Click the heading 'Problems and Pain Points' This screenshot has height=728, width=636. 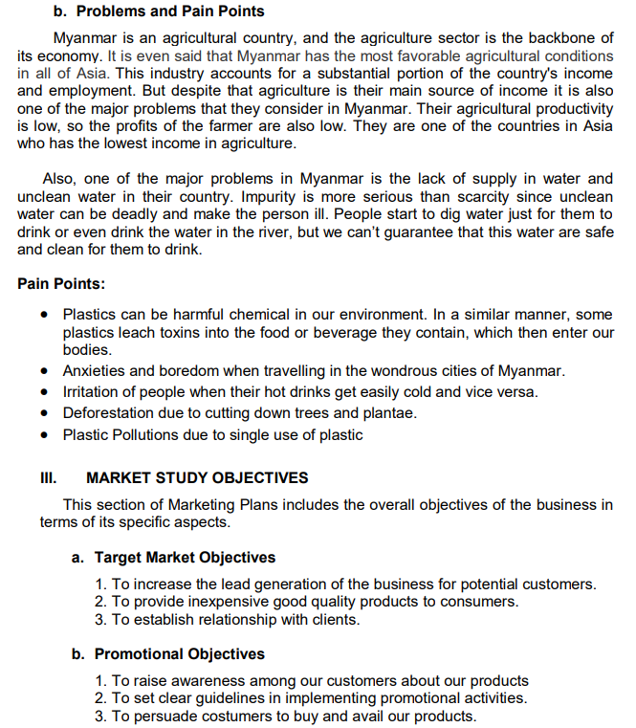click(x=169, y=11)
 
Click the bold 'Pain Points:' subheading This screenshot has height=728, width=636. click(x=61, y=284)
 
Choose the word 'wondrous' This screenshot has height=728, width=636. click(x=396, y=370)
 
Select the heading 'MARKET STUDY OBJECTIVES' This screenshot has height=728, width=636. click(x=197, y=478)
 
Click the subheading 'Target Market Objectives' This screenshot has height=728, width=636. click(x=185, y=557)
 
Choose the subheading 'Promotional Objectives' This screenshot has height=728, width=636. click(x=180, y=654)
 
